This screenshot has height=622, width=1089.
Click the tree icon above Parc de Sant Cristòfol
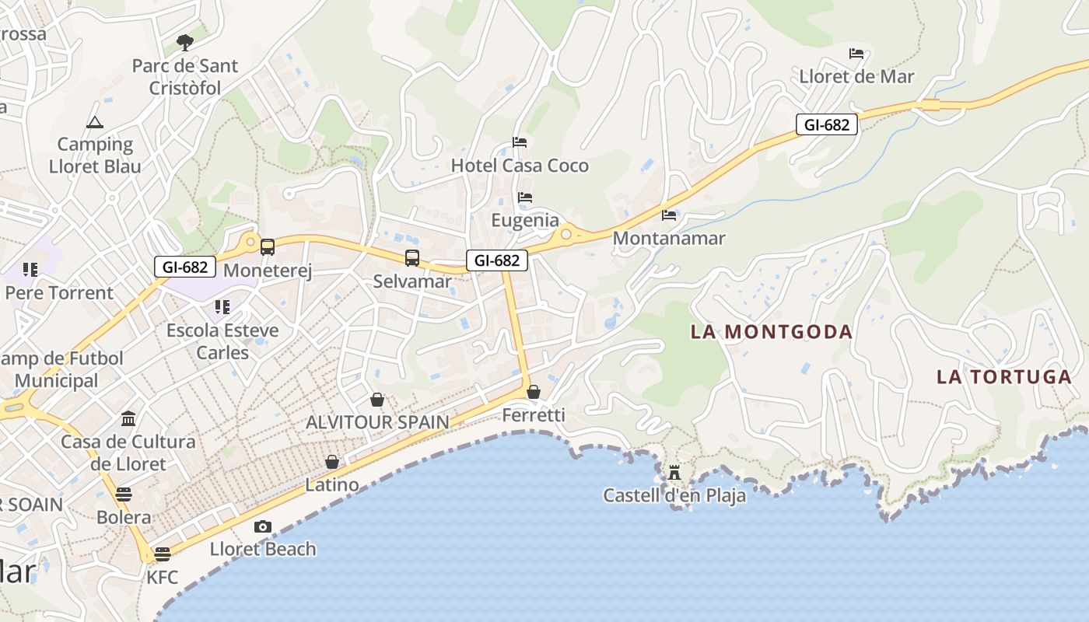[184, 42]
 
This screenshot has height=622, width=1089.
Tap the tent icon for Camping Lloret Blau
[95, 122]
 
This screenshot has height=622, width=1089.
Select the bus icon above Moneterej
[268, 247]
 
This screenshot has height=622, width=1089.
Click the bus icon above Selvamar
[412, 257]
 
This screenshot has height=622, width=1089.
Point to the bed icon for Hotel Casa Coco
[520, 142]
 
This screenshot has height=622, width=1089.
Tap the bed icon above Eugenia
[525, 197]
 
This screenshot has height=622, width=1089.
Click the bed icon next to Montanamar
[669, 215]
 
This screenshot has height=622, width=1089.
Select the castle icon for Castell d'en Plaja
[674, 472]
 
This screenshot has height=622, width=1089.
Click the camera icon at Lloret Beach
[263, 526]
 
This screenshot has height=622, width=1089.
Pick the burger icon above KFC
[162, 554]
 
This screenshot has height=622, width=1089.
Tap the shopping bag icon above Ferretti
[534, 392]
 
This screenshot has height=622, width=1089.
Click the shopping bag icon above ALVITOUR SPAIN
[377, 400]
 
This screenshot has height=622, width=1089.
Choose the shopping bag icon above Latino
[332, 462]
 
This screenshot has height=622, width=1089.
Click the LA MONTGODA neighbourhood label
[772, 332]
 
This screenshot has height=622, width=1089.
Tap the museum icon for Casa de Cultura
[128, 419]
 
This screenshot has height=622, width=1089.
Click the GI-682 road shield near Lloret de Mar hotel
[826, 124]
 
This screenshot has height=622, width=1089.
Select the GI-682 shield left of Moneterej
[185, 267]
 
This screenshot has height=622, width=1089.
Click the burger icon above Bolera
[124, 494]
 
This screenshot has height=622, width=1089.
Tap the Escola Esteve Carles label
[222, 341]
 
